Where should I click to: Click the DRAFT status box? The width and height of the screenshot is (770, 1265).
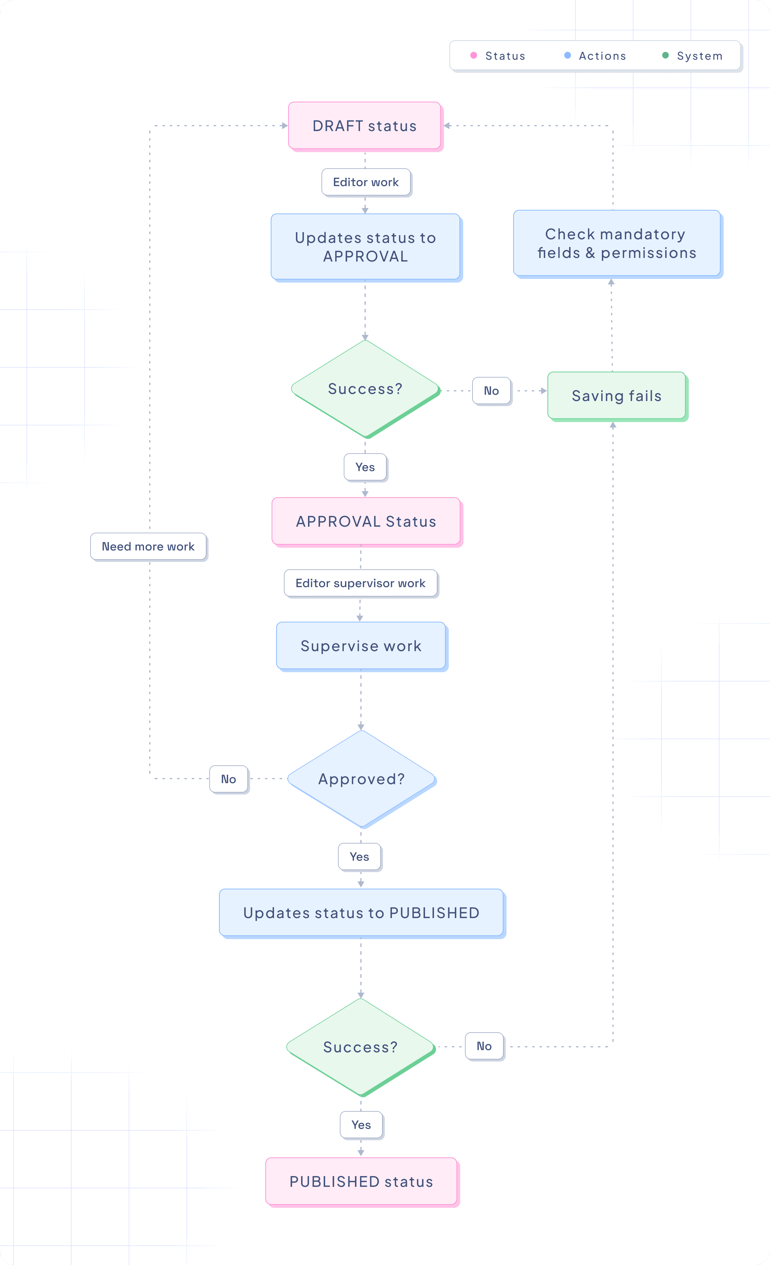(x=364, y=126)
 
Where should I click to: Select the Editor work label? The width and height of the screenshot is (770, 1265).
(x=366, y=182)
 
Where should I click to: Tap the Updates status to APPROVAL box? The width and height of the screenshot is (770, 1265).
(x=365, y=247)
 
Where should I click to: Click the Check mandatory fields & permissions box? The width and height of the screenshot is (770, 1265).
(x=616, y=243)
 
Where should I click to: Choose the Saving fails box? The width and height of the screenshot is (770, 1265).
(x=616, y=396)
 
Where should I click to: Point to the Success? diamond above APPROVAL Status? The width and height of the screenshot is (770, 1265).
(x=365, y=389)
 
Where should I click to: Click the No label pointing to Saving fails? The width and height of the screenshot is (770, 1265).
(x=491, y=391)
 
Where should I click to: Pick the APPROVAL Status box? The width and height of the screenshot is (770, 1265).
(x=366, y=522)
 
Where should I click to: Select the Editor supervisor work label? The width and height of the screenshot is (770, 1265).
(x=361, y=583)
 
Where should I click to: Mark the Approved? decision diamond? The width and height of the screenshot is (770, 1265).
(x=361, y=779)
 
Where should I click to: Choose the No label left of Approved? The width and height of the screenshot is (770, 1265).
(x=229, y=779)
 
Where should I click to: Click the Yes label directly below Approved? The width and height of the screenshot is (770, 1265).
(x=359, y=857)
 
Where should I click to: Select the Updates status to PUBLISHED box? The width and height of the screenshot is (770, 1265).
(x=361, y=913)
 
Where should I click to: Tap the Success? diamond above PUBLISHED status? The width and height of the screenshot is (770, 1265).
(x=361, y=1047)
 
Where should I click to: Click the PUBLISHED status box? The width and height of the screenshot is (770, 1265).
(x=361, y=1181)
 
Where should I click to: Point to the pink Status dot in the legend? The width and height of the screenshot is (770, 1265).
(x=474, y=55)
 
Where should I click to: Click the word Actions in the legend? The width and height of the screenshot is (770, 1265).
(x=602, y=56)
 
